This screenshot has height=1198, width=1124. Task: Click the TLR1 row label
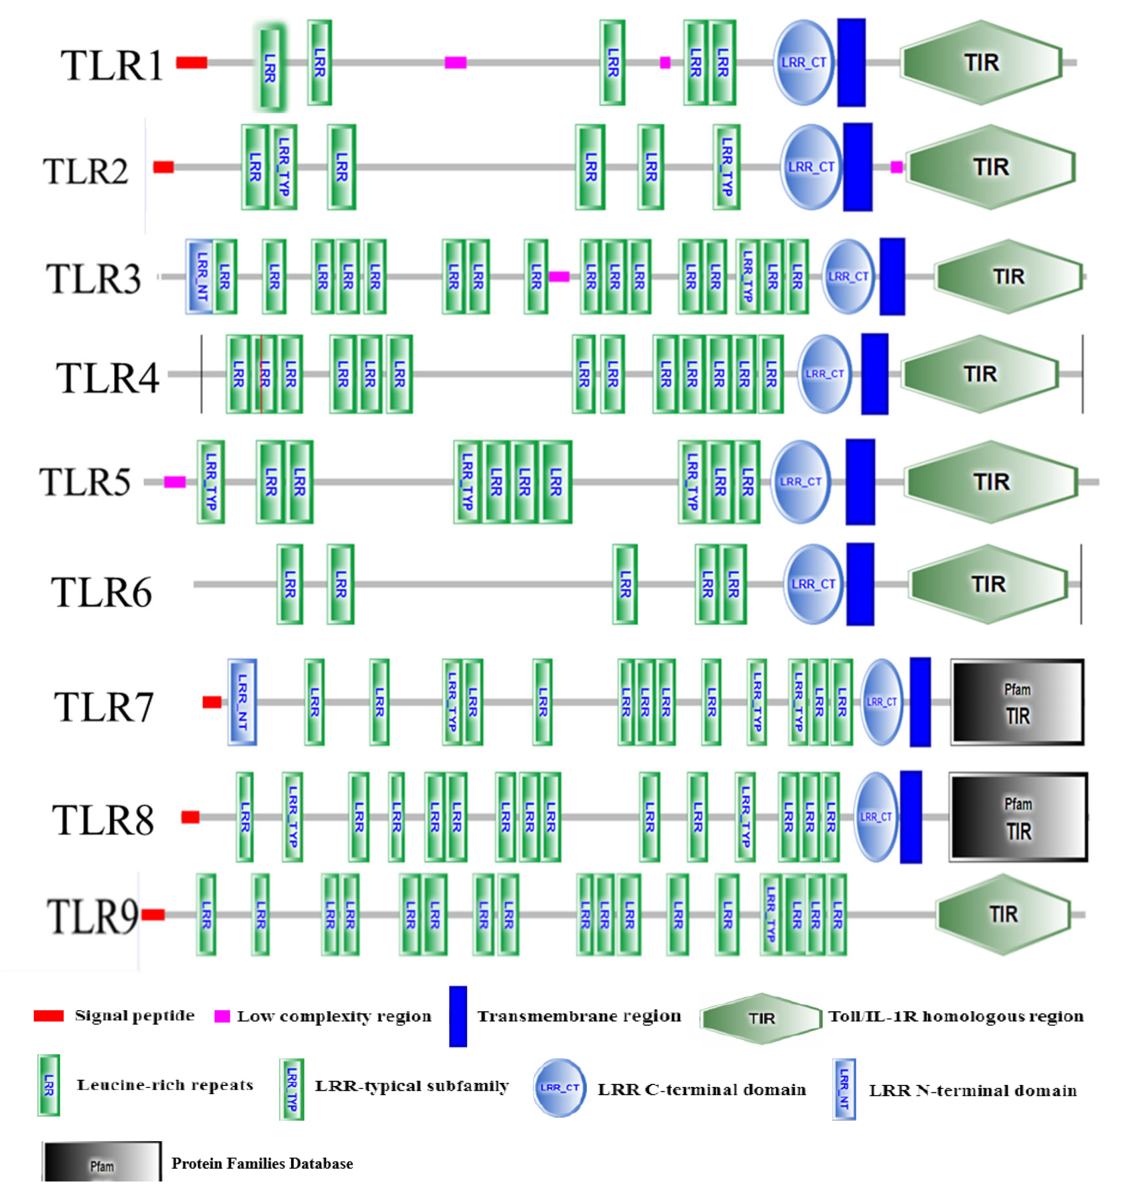point(112,65)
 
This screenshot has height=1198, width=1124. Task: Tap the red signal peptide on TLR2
point(163,167)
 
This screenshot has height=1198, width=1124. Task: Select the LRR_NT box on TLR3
point(201,276)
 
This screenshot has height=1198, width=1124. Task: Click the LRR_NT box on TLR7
point(242,702)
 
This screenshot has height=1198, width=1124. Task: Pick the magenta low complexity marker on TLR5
point(175,481)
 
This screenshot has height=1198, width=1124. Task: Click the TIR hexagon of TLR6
point(988,584)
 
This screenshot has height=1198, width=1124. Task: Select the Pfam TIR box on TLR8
point(1018,817)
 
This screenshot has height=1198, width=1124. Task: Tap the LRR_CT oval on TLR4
point(825,374)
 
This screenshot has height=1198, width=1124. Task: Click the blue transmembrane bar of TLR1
point(851,63)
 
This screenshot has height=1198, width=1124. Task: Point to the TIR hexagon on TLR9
point(1003,914)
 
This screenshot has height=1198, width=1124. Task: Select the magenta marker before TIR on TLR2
point(896,167)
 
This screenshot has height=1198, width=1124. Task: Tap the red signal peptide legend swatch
point(49,1016)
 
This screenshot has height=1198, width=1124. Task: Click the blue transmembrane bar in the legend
point(458,1017)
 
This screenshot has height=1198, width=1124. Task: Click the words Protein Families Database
point(262,1163)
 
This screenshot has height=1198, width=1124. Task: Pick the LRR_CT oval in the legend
point(559,1088)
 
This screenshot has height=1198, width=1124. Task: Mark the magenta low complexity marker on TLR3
point(559,276)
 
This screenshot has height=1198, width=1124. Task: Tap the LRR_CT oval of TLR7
point(882,702)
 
